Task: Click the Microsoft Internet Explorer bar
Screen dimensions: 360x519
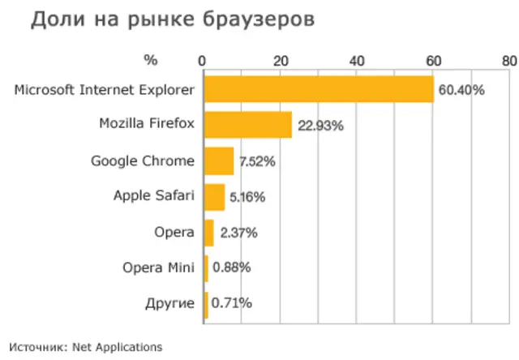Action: tap(318, 89)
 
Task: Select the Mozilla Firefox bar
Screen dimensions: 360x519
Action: tap(247, 125)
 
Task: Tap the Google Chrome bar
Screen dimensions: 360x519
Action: tap(218, 161)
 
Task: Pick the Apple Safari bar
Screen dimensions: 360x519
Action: tap(214, 196)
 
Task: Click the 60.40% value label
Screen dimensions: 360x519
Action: tap(461, 90)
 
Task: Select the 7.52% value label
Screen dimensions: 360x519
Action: tap(257, 161)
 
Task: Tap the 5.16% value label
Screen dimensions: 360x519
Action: tap(247, 197)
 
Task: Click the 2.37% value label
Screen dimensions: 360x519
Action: tap(238, 233)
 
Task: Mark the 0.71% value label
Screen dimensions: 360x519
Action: tap(231, 304)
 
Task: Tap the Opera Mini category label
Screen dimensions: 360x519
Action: tap(159, 268)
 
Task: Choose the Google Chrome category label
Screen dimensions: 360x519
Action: tap(143, 161)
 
